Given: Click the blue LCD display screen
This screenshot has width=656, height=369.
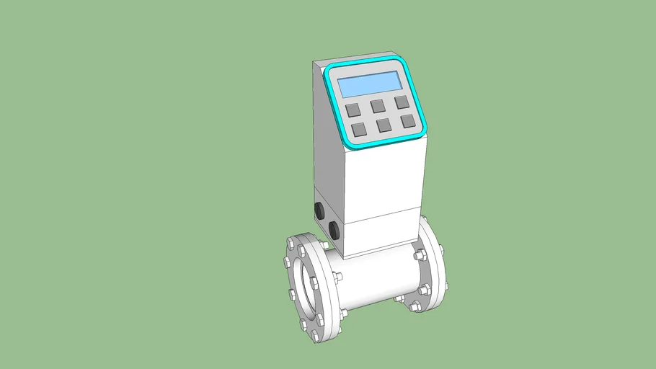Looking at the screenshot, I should pyautogui.click(x=370, y=84).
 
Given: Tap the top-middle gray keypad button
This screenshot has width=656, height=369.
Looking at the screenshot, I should pyautogui.click(x=378, y=106).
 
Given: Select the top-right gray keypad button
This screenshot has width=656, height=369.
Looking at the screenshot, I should pyautogui.click(x=402, y=102).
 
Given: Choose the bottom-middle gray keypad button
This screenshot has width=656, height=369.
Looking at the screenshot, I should pyautogui.click(x=384, y=125).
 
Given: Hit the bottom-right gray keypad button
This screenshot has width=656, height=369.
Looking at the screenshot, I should pyautogui.click(x=408, y=120).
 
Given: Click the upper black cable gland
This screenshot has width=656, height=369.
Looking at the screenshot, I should pyautogui.click(x=319, y=210).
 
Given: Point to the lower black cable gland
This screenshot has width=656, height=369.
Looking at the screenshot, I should pyautogui.click(x=334, y=230).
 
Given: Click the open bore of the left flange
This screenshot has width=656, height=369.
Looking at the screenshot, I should pyautogui.click(x=302, y=288).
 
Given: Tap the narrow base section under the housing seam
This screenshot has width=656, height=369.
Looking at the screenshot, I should pyautogui.click(x=382, y=234).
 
